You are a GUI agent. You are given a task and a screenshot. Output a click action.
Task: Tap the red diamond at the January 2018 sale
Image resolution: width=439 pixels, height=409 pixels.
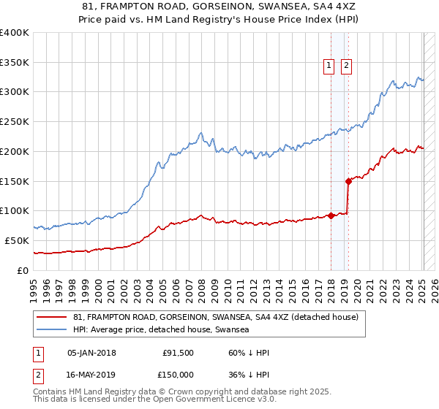pyautogui.click(x=331, y=215)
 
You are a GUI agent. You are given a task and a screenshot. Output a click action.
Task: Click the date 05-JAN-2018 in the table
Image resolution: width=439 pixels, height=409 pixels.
pyautogui.click(x=91, y=353)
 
